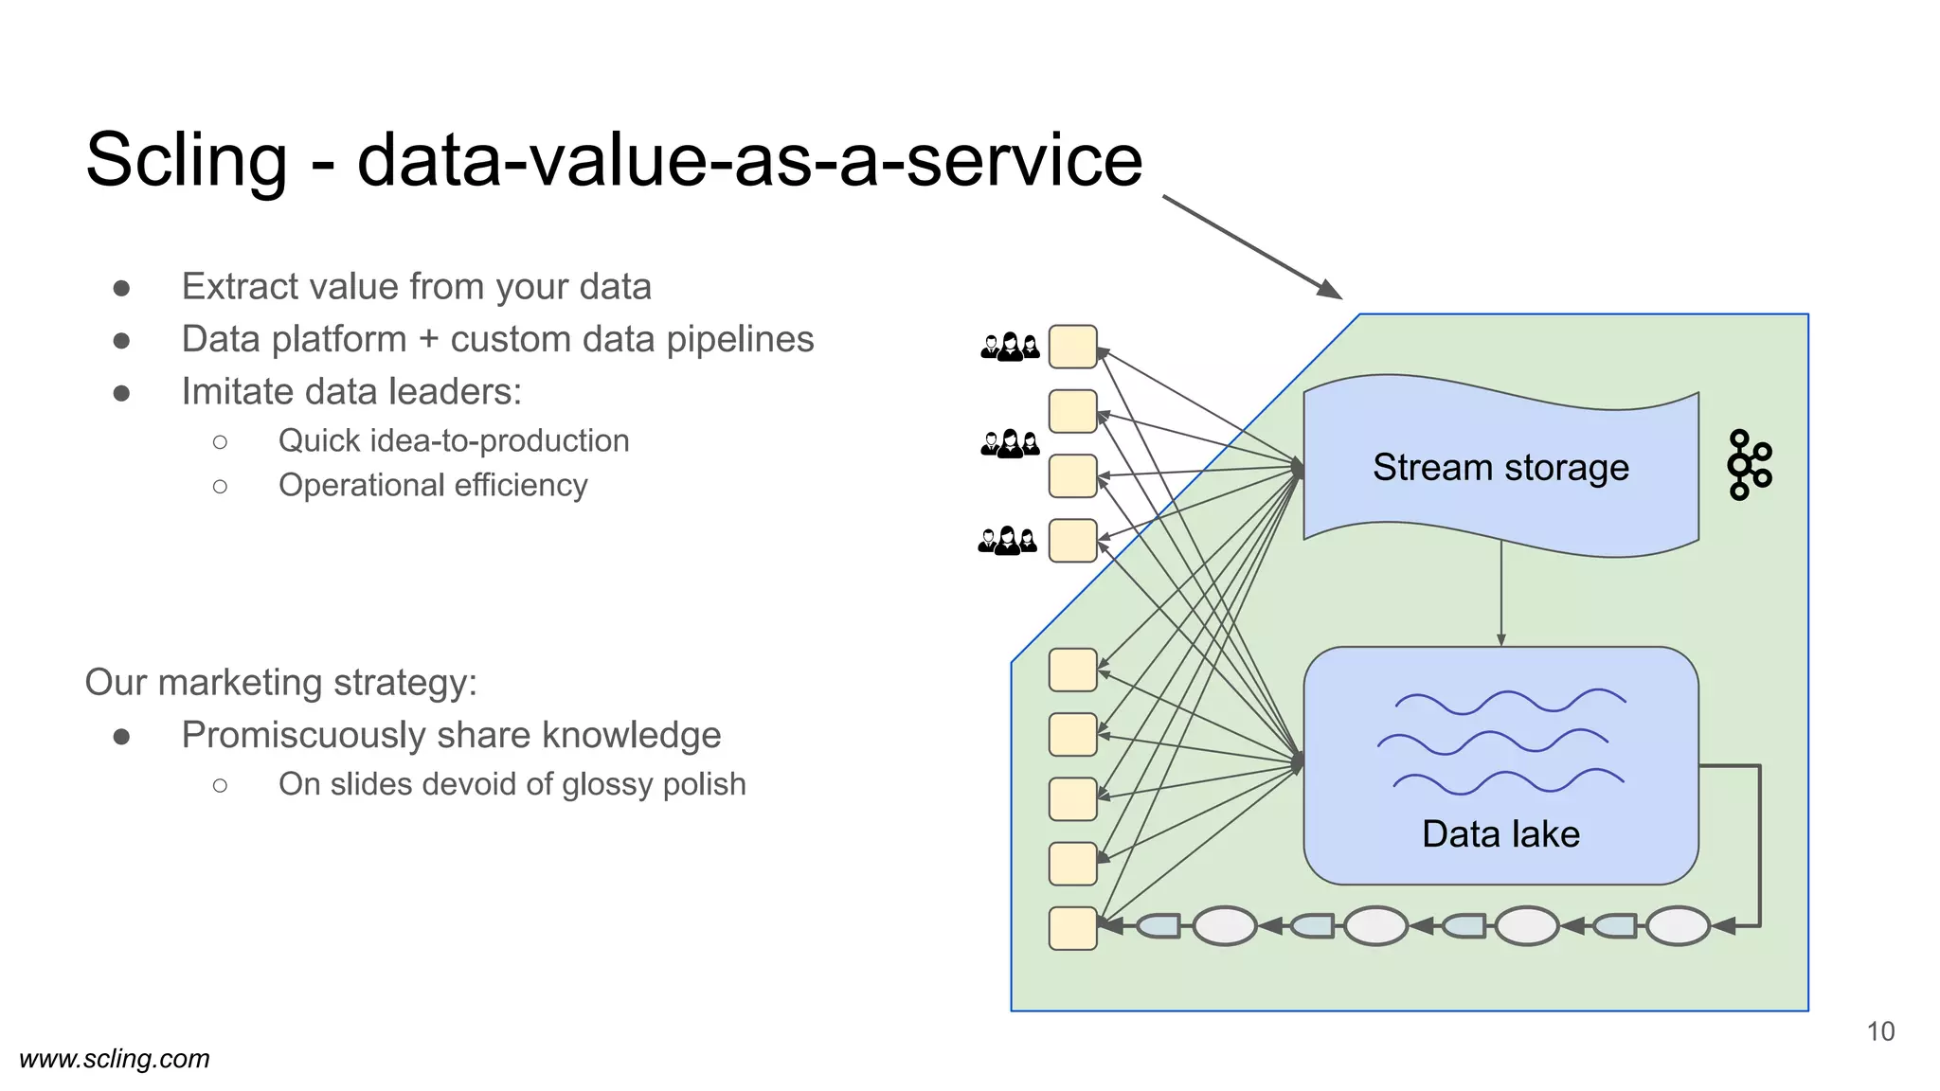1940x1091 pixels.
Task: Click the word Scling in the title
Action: tap(186, 160)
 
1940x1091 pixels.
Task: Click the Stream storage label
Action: tap(1500, 468)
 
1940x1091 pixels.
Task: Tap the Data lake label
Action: tap(1500, 834)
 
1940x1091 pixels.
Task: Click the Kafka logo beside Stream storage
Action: tap(1749, 465)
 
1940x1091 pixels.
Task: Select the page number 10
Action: tap(1880, 1031)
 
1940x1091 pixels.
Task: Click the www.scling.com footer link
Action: tap(115, 1059)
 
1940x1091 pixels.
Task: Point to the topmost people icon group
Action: tap(1010, 347)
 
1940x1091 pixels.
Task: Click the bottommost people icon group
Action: tap(1007, 541)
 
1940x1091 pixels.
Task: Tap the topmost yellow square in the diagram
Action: tap(1072, 347)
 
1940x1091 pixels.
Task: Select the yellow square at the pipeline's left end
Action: tap(1072, 928)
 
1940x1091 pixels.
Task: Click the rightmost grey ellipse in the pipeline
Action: tap(1678, 926)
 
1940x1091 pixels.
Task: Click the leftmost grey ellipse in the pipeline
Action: tap(1224, 926)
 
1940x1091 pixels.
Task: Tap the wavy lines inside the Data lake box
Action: tap(1502, 741)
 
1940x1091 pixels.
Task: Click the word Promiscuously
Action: tap(303, 736)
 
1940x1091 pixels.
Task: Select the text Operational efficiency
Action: tap(433, 486)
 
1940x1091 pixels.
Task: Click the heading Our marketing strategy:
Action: tap(281, 683)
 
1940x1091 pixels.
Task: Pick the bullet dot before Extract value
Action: tap(121, 288)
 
